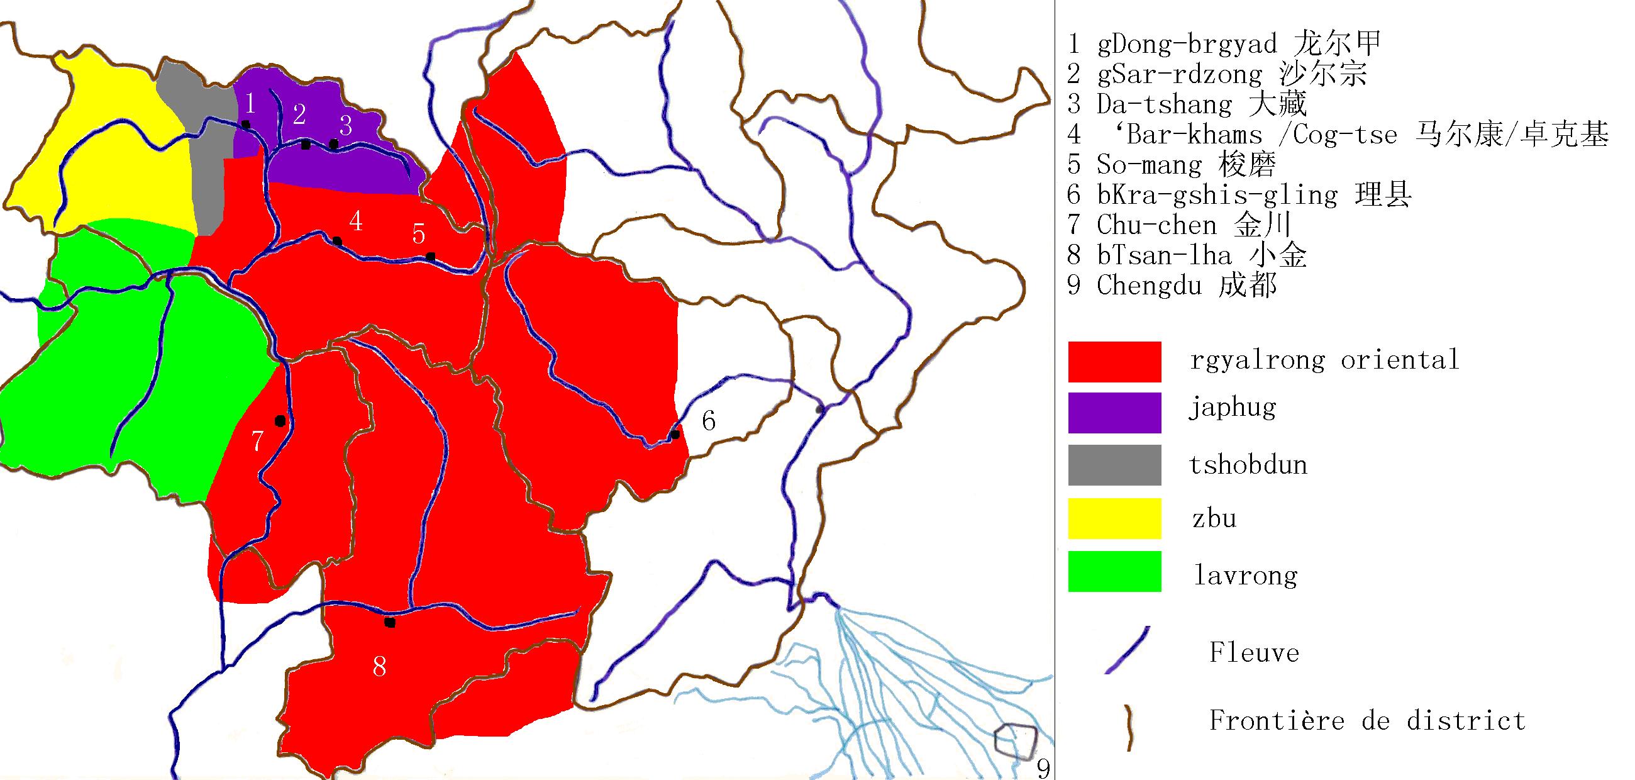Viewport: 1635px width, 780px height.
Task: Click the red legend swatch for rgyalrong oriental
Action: tap(1114, 362)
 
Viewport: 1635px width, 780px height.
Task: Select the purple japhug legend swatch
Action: tap(1114, 413)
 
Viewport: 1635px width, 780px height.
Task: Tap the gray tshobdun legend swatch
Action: tap(1114, 465)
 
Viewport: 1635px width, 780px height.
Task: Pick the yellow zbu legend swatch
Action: tap(1114, 518)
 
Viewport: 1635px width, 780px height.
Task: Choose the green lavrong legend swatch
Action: tap(1114, 571)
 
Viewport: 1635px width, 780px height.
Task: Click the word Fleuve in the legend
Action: tap(1253, 653)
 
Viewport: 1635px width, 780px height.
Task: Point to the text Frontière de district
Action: tap(1366, 721)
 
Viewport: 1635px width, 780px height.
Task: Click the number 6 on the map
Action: tap(708, 421)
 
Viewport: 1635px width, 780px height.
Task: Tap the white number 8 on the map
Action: tap(380, 666)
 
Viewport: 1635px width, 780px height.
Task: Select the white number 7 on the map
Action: tap(257, 441)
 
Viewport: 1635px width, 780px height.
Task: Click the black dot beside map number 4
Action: tap(337, 241)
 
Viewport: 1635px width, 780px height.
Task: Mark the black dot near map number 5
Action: tap(430, 257)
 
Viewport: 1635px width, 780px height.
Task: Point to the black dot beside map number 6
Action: tap(675, 435)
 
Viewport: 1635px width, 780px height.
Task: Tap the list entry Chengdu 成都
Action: tap(1172, 286)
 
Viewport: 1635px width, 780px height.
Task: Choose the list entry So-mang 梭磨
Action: tap(1172, 165)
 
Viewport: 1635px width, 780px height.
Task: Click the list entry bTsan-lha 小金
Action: tap(1187, 255)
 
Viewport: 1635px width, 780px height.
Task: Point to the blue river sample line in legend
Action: tap(1128, 650)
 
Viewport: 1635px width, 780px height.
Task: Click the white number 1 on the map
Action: tap(250, 103)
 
